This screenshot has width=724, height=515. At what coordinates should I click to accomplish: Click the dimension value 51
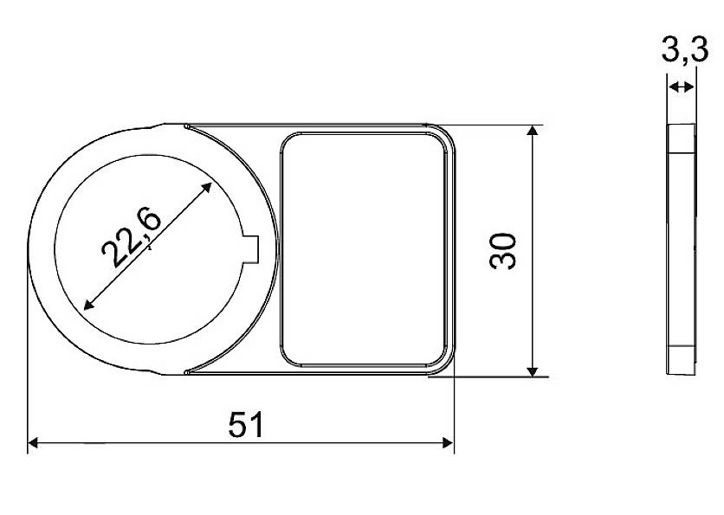coord(246,425)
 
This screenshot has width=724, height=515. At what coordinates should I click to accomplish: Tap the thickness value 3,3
coord(685,51)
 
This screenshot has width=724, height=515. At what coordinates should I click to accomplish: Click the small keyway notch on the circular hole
coord(252,248)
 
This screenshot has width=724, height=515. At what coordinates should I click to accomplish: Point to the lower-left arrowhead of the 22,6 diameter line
coord(87,305)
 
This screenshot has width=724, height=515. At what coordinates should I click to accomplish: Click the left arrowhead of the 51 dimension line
coord(34,444)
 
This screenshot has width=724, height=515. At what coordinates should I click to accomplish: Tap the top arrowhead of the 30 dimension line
coord(533,131)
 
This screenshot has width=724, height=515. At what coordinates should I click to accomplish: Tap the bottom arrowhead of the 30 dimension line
coord(533,370)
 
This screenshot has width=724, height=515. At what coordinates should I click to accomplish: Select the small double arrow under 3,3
coord(682,87)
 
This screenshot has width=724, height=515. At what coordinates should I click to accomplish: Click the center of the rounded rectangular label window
coord(365,249)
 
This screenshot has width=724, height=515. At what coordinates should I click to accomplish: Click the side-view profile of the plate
coord(681,249)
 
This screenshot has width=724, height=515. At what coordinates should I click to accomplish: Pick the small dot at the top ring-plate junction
coord(187,127)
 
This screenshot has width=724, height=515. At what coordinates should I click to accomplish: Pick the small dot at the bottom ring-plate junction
coord(187,372)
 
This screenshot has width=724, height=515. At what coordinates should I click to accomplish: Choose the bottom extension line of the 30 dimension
coord(494,377)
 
